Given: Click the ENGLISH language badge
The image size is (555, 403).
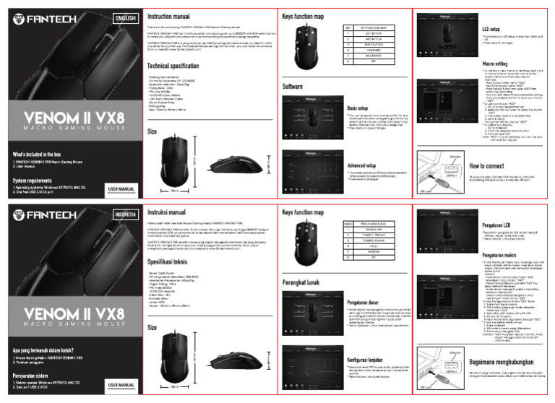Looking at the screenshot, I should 124,18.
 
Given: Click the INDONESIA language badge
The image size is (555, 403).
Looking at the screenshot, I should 124,215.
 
